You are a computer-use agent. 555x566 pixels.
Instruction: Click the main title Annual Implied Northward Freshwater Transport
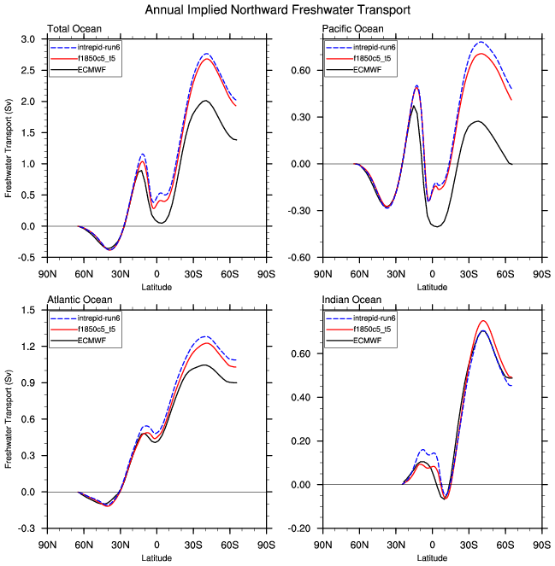click(277, 10)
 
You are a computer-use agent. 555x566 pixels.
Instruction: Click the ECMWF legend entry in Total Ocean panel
click(89, 69)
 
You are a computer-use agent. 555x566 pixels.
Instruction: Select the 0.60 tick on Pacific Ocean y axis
click(304, 71)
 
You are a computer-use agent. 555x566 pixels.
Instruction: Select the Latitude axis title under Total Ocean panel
click(156, 287)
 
